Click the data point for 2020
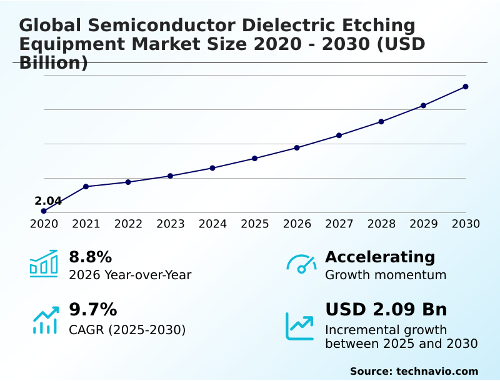44,211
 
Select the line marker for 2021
86,187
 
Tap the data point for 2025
254,158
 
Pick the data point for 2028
381,121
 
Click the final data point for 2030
466,87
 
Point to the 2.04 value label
48,201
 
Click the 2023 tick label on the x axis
170,224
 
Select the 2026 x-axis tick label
297,224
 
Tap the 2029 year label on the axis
424,224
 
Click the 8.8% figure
90,257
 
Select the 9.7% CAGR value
92,309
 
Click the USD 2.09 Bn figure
386,309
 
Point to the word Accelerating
379,257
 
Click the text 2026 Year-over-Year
130,275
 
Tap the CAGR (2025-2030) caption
127,330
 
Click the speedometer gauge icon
301,264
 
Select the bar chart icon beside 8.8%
43,264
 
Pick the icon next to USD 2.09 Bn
299,326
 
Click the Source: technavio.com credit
414,371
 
